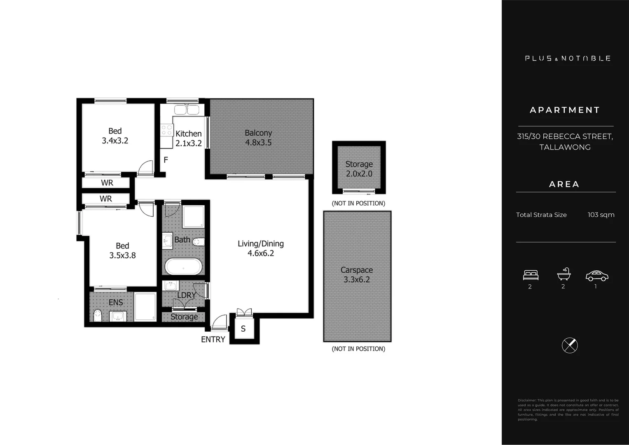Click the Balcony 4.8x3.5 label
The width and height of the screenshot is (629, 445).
(258, 138)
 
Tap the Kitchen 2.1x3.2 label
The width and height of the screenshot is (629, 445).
(189, 138)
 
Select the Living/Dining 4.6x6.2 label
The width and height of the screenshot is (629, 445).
(261, 248)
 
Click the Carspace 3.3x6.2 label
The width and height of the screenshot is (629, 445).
(357, 275)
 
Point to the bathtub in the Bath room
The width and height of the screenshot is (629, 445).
(184, 267)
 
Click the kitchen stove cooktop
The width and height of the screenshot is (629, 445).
(167, 130)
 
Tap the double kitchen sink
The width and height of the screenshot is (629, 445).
(187, 110)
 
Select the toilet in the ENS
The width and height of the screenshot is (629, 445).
(98, 316)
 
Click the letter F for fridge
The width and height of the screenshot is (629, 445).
(166, 160)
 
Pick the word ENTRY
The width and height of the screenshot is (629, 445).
(213, 340)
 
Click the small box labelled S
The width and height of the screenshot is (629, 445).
(243, 329)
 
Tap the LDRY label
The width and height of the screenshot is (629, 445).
(187, 295)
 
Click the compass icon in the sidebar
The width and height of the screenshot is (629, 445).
(570, 345)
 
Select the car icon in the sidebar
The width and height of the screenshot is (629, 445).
(597, 276)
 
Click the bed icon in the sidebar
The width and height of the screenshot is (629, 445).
(531, 275)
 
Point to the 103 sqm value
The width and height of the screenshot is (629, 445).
(601, 215)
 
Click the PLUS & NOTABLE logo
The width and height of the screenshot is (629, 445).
(568, 59)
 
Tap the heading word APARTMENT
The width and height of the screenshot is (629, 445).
(565, 110)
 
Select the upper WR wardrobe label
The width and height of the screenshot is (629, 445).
(107, 183)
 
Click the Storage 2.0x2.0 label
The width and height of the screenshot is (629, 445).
(359, 169)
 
